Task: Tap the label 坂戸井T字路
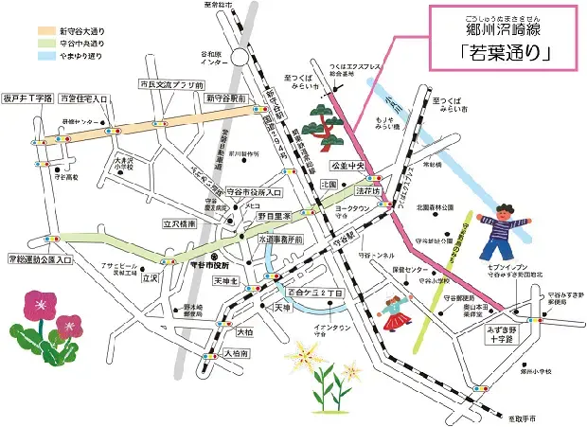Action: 26,98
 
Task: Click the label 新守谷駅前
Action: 223,98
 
